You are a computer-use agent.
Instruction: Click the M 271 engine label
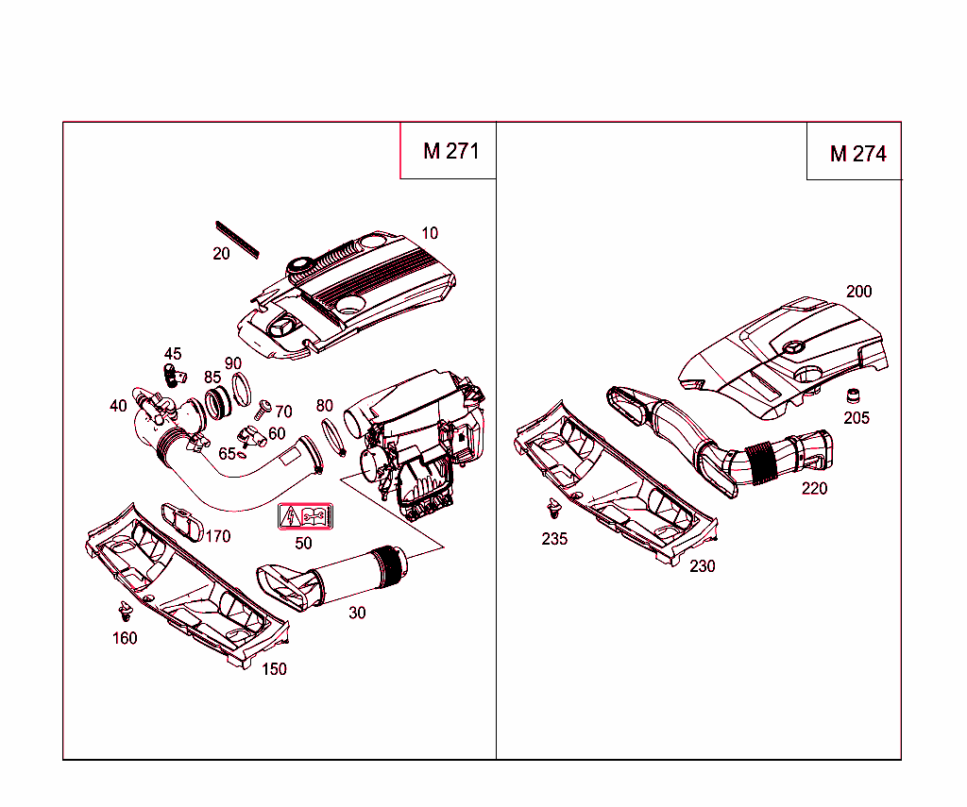pos(450,151)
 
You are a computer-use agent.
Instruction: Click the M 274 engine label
pos(857,154)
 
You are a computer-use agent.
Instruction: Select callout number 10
pos(430,233)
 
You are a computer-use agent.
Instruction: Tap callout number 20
pos(221,254)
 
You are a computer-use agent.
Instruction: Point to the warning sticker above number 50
pos(304,517)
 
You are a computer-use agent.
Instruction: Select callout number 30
pos(357,613)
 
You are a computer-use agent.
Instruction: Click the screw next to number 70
pos(263,409)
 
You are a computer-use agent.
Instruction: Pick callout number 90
pos(232,363)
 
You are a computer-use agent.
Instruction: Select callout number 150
pos(274,669)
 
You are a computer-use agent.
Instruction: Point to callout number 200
pos(858,292)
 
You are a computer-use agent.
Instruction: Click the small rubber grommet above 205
pos(855,395)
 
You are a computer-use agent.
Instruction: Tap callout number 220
pos(814,488)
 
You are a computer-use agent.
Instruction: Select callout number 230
pos(702,566)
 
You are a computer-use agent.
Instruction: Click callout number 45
pos(173,354)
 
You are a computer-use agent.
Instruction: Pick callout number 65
pos(227,453)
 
